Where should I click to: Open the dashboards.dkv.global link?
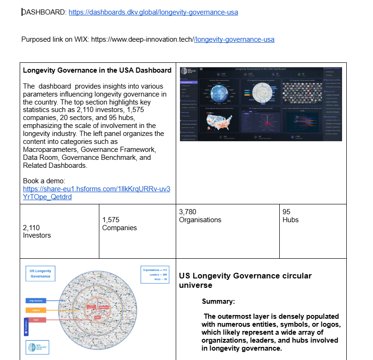point(153,12)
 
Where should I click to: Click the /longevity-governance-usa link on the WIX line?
point(234,39)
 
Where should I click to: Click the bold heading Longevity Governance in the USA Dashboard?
point(97,71)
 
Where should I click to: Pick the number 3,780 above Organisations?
point(187,212)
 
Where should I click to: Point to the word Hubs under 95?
point(291,219)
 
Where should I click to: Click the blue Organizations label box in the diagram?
point(36,300)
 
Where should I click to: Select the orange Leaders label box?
point(36,310)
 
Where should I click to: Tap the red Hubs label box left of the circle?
point(36,320)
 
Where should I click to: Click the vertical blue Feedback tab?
point(26,327)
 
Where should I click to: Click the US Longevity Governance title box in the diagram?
point(40,273)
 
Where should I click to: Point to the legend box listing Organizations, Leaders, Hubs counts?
point(154,274)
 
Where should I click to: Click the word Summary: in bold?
point(218,301)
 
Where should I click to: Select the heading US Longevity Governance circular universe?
point(245,280)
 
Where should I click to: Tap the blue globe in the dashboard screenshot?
point(219,94)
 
